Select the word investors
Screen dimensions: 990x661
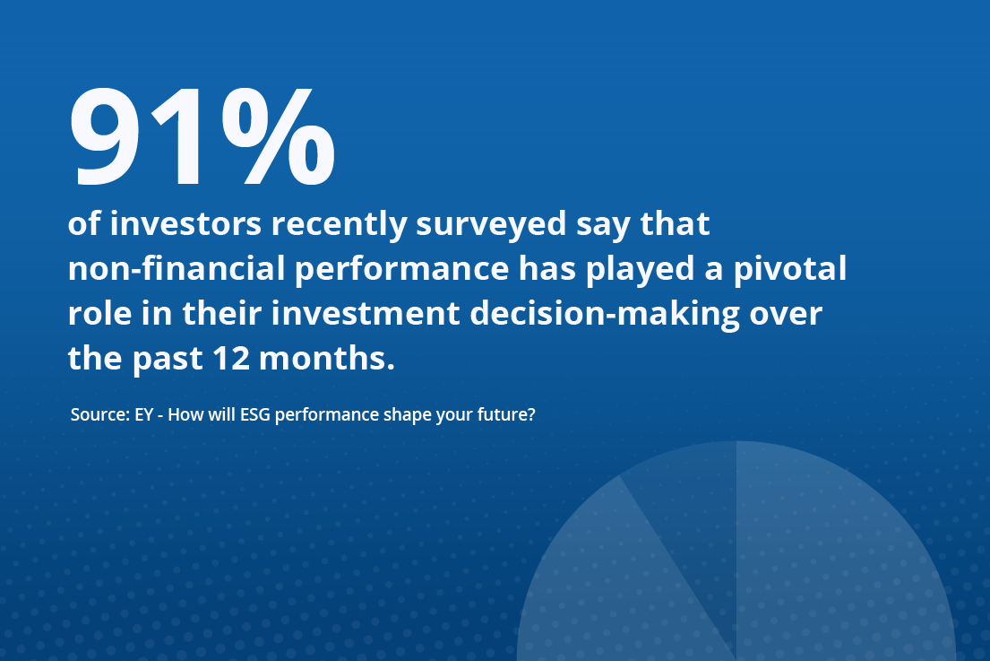(185, 223)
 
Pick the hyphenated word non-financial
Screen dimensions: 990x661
(176, 268)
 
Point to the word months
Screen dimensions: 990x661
(327, 358)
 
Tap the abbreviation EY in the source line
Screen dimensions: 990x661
(144, 414)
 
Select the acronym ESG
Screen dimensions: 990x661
(255, 414)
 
